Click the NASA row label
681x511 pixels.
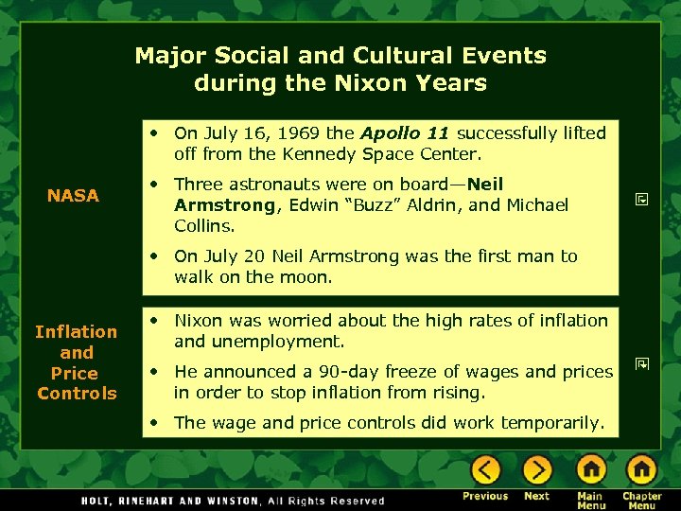[73, 196]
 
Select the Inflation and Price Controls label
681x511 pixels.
[76, 362]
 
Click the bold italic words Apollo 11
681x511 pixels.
[404, 133]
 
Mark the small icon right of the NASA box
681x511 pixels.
[640, 200]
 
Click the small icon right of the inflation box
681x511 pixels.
[640, 362]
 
